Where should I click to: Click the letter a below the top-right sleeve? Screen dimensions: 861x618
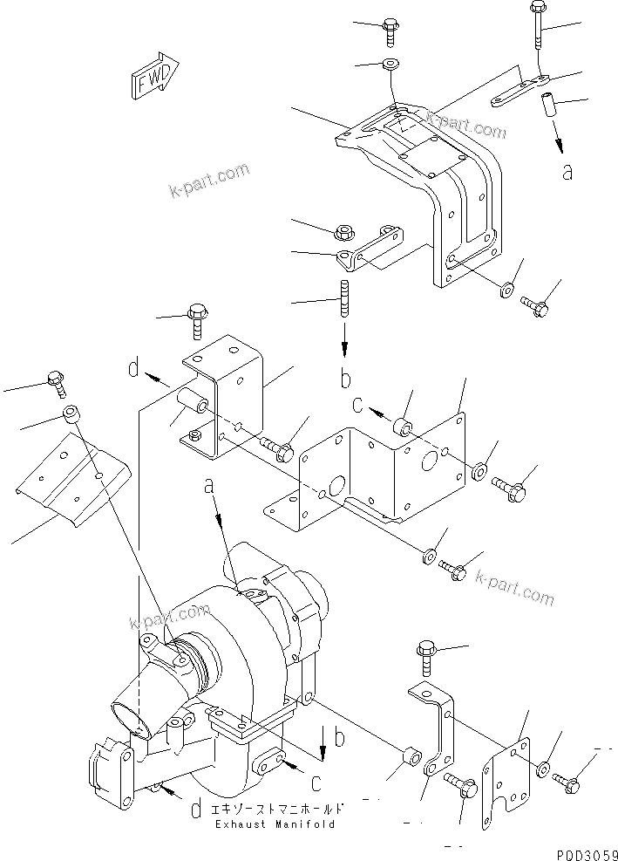[x=567, y=172]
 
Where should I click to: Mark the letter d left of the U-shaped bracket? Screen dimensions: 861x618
[x=134, y=369]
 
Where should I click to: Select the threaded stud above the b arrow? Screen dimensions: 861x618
[x=345, y=298]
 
